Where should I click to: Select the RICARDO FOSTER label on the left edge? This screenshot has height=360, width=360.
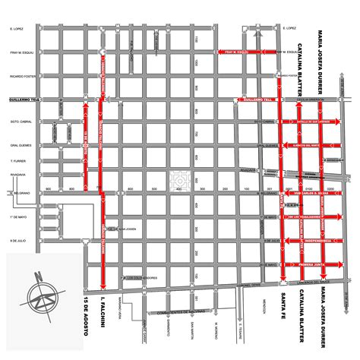pos(20,77)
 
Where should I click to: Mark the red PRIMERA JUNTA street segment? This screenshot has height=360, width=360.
pos(311,265)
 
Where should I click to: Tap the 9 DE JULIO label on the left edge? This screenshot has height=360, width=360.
pos(17,241)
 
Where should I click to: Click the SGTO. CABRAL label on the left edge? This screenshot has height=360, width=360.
pos(19,122)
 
